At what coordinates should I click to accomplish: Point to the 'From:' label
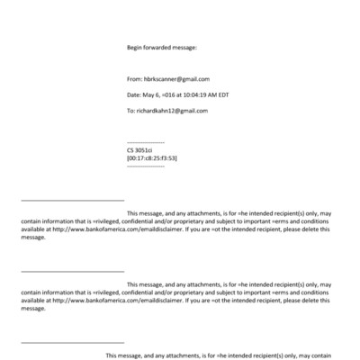coord(135,79)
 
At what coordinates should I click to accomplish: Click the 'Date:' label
coord(135,95)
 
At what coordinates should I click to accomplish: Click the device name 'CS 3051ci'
coord(142,150)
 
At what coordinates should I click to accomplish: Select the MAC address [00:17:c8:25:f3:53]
coord(152,158)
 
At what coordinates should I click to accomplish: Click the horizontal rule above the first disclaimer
coord(72,200)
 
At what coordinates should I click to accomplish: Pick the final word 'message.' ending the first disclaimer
coord(32,238)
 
